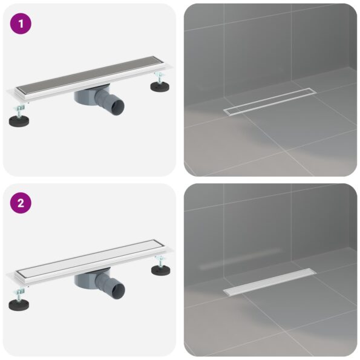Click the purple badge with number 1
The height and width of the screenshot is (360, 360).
click(21, 24)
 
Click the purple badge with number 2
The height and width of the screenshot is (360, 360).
click(21, 204)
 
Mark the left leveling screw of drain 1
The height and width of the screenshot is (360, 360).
click(19, 110)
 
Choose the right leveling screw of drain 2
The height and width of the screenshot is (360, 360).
click(160, 258)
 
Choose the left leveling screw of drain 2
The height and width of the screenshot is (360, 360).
click(19, 290)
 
